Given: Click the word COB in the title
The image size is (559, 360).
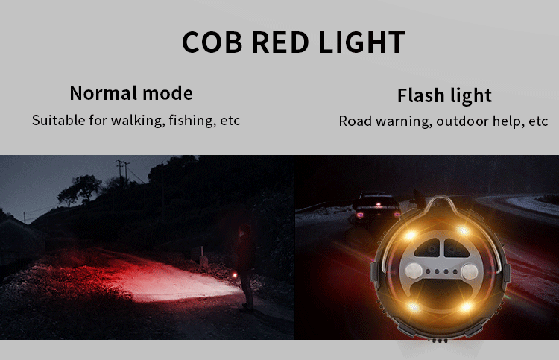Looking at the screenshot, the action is coord(212,42).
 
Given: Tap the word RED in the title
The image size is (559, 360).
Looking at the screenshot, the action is coord(279,42).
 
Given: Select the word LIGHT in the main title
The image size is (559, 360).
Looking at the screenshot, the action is coord(361,42).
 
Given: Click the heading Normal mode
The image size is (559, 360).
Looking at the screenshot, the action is coord(131,93).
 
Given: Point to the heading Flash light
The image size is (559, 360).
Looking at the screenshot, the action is coord(444,95).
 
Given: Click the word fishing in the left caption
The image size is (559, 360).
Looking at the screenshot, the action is coord(192,121).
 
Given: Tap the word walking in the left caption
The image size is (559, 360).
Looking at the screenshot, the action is coord(138,121).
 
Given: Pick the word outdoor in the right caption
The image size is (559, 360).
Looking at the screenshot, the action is coord(462,121).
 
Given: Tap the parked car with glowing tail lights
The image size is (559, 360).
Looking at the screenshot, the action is coord(376,206).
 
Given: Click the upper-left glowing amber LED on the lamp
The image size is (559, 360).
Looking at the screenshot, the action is coord(411,235).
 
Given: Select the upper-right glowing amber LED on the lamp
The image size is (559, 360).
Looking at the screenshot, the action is coord(463,230).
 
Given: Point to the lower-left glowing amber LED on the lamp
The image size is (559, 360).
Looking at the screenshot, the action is coord(414,307).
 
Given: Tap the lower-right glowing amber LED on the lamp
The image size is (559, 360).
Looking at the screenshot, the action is coord(466,306).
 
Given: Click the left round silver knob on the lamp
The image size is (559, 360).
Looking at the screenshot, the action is coord(414,271).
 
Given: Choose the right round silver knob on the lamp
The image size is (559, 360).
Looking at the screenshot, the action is coord(469,272).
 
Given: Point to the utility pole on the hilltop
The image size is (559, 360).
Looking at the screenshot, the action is coord(119,168).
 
